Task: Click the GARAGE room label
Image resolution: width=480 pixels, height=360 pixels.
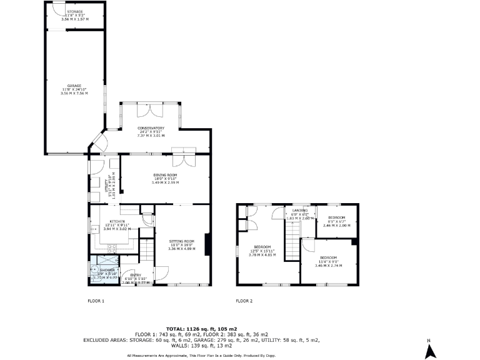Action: (74, 86)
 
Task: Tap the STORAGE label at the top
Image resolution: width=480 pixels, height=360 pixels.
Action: (74, 12)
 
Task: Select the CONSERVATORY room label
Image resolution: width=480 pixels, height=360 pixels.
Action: (150, 128)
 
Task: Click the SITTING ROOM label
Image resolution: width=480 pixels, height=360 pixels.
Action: (182, 241)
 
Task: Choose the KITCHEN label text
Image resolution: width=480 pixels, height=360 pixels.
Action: (118, 222)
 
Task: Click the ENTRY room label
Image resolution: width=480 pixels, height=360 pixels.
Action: (135, 275)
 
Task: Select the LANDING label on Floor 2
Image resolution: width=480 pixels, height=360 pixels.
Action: (299, 211)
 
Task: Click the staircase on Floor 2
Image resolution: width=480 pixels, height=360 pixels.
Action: (292, 241)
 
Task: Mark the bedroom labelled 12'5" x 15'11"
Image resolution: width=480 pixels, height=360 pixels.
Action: (262, 246)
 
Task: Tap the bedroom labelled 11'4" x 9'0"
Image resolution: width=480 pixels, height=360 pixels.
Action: (328, 257)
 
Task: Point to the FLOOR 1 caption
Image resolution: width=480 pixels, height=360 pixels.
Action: (96, 301)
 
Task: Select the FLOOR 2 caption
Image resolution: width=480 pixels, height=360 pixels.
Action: (244, 301)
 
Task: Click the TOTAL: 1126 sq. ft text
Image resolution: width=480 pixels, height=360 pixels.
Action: (201, 328)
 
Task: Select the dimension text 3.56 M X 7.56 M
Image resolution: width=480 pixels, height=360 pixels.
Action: (74, 93)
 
